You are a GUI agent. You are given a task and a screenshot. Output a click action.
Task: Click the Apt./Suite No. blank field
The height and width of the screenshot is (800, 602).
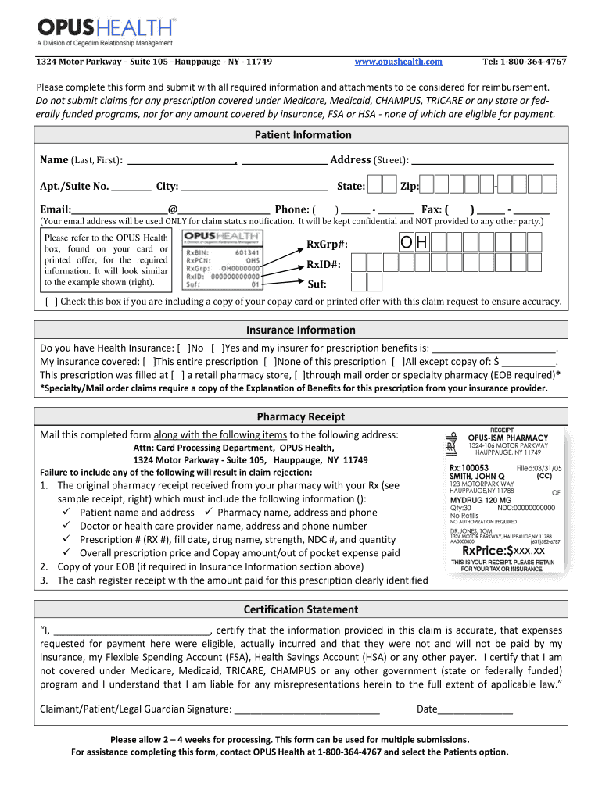tap(131, 187)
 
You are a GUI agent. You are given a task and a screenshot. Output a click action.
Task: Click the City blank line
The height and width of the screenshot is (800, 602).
tap(253, 187)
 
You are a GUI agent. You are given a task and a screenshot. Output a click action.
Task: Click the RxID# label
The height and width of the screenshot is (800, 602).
tap(324, 265)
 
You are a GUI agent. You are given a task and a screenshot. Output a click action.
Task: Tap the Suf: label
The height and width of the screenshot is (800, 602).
tap(317, 285)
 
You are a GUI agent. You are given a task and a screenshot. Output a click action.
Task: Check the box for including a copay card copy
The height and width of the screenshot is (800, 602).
tap(52, 302)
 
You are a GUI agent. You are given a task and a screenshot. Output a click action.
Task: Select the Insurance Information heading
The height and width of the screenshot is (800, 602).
tap(301, 330)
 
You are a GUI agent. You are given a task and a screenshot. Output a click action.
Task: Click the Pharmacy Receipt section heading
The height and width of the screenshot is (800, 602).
tap(301, 417)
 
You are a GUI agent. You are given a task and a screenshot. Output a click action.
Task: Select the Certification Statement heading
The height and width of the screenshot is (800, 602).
tap(301, 609)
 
